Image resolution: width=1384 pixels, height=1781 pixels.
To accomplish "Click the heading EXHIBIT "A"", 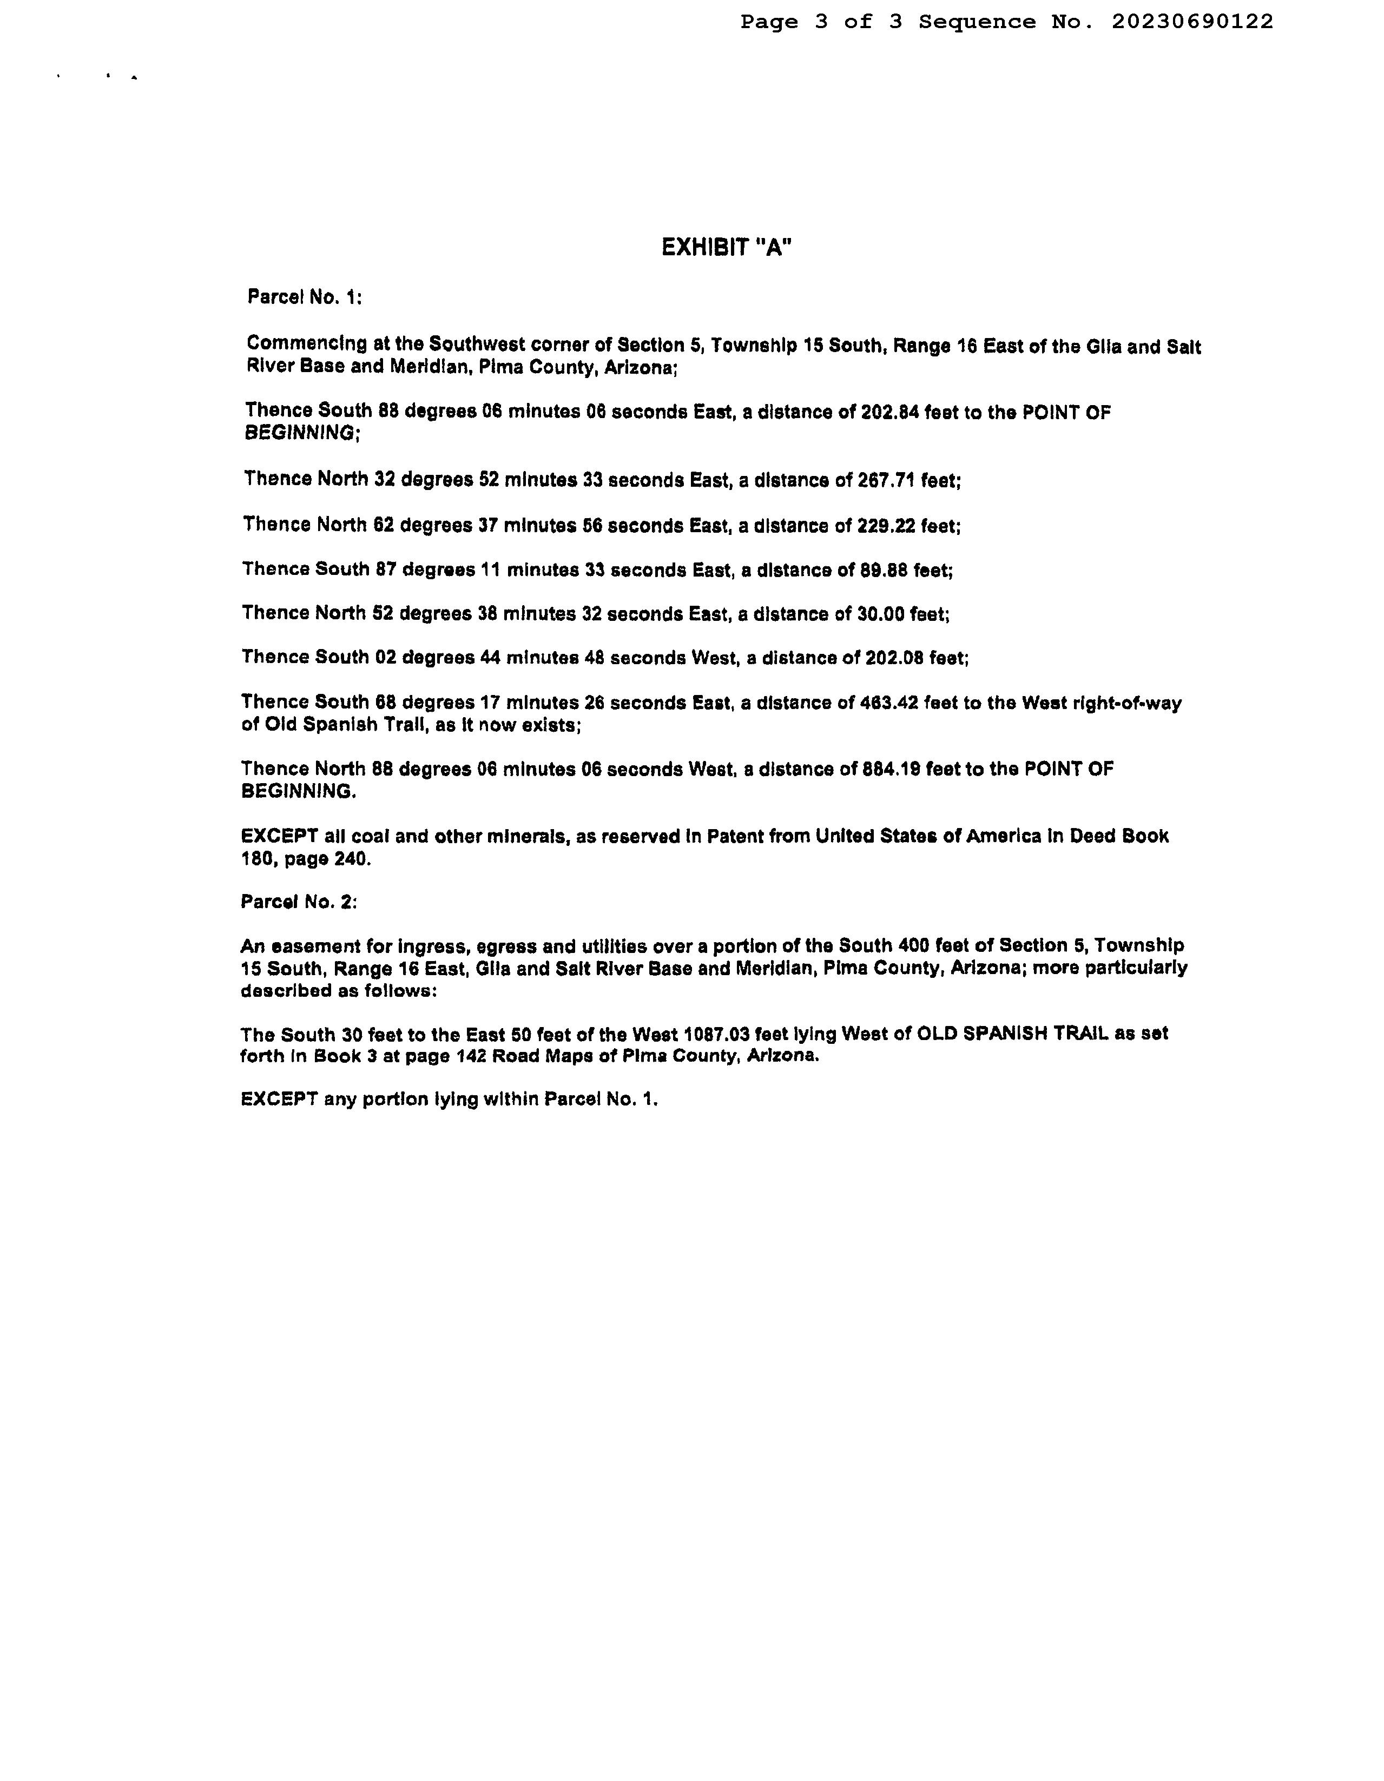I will (726, 247).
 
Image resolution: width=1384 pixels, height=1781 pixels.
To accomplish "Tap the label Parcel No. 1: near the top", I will (304, 297).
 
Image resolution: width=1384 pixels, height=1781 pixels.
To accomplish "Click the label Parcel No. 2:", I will (299, 902).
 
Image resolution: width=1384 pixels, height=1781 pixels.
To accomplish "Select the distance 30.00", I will (881, 614).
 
